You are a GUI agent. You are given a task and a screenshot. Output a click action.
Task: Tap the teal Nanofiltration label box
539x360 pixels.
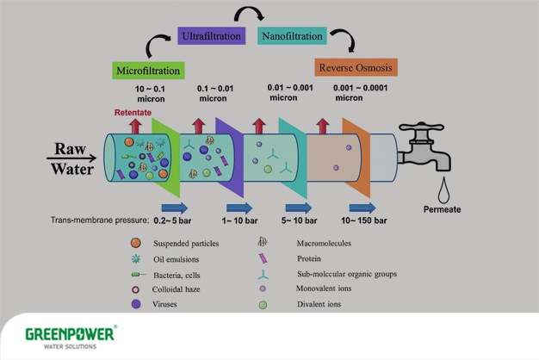(x=291, y=37)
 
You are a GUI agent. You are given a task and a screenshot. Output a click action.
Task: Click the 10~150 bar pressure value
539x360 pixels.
(x=366, y=221)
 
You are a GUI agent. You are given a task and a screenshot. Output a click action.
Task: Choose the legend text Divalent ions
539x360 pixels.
(x=322, y=303)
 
